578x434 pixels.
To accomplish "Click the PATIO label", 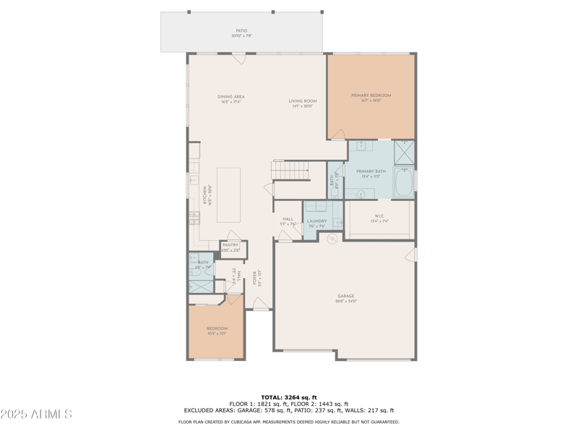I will pyautogui.click(x=241, y=31).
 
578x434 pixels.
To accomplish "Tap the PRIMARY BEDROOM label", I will pyautogui.click(x=371, y=96).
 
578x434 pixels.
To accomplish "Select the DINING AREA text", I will pyautogui.click(x=231, y=97).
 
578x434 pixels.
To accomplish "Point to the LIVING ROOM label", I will pyautogui.click(x=304, y=101).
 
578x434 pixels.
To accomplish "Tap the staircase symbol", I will pyautogui.click(x=289, y=171).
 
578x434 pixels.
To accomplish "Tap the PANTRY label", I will pyautogui.click(x=230, y=245).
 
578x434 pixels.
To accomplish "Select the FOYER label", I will pyautogui.click(x=254, y=278).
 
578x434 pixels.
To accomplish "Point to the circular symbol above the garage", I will pyautogui.click(x=333, y=239).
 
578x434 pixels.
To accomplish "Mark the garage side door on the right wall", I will pyautogui.click(x=412, y=254).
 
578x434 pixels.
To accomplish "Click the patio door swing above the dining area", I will pyautogui.click(x=238, y=58).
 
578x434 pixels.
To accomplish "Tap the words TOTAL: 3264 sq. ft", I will pyautogui.click(x=288, y=397).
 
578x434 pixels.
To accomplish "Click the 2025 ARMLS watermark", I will pyautogui.click(x=36, y=414).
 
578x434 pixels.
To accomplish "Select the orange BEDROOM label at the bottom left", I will pyautogui.click(x=217, y=329).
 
